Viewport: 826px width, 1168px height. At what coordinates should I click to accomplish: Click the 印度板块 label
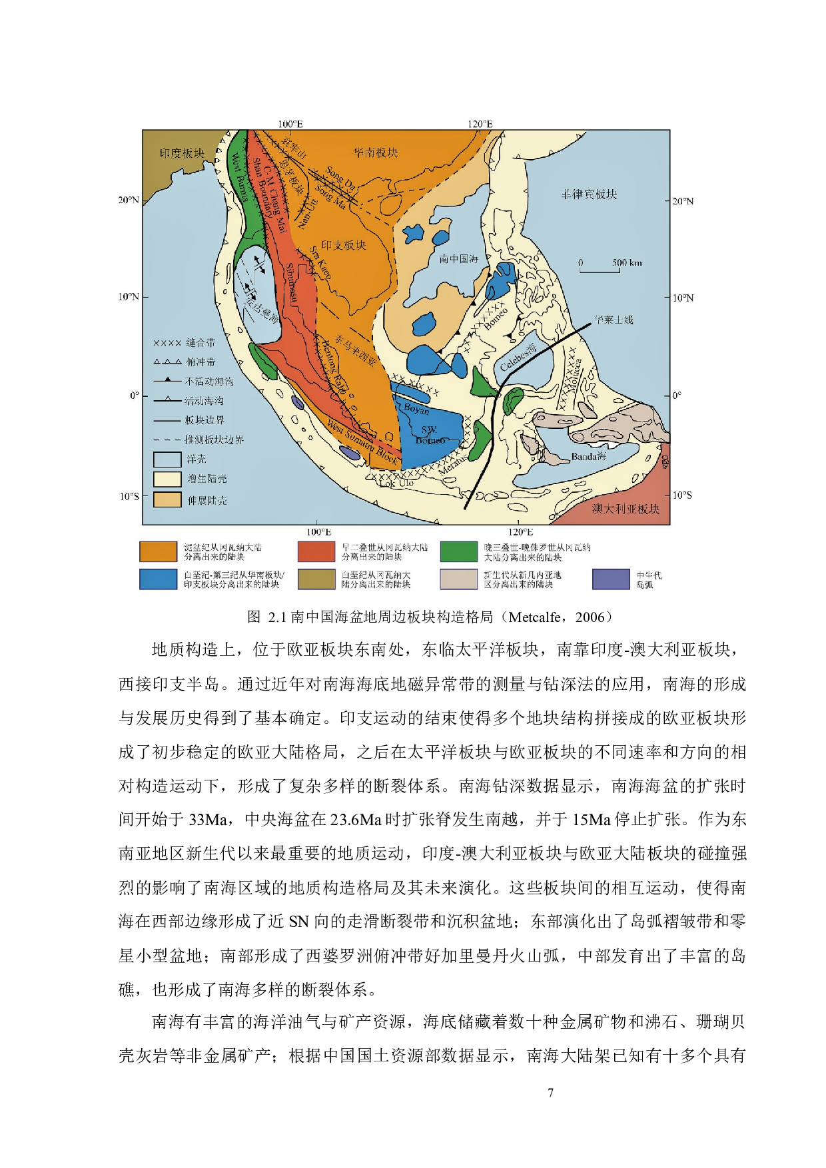point(182,153)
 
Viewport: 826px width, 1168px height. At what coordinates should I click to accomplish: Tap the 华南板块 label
point(376,152)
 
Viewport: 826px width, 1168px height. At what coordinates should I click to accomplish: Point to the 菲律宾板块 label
point(590,194)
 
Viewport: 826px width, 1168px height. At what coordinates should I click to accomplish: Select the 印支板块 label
point(344,245)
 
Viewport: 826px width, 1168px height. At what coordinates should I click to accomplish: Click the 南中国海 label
point(458,258)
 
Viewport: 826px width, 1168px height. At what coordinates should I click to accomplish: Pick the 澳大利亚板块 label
point(625,509)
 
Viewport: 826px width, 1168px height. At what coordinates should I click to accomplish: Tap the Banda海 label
point(588,457)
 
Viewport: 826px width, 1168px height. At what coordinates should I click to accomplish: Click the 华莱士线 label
point(613,320)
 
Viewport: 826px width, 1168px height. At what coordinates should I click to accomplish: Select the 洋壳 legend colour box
point(167,459)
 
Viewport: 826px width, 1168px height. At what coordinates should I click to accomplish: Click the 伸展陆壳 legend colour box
point(167,500)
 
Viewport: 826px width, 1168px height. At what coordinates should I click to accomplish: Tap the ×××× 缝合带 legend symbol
point(167,343)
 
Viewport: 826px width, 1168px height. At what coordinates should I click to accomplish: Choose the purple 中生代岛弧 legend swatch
point(611,579)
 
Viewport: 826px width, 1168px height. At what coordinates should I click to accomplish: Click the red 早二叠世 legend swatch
point(316,552)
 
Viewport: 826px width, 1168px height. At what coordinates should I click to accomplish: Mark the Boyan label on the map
point(416,409)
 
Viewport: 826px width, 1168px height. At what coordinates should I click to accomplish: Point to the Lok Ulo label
point(396,483)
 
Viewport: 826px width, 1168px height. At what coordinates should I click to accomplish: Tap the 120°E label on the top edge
point(480,125)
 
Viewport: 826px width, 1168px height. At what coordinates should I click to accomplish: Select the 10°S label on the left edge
point(129,496)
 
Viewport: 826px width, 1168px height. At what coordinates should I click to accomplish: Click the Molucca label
point(577,373)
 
